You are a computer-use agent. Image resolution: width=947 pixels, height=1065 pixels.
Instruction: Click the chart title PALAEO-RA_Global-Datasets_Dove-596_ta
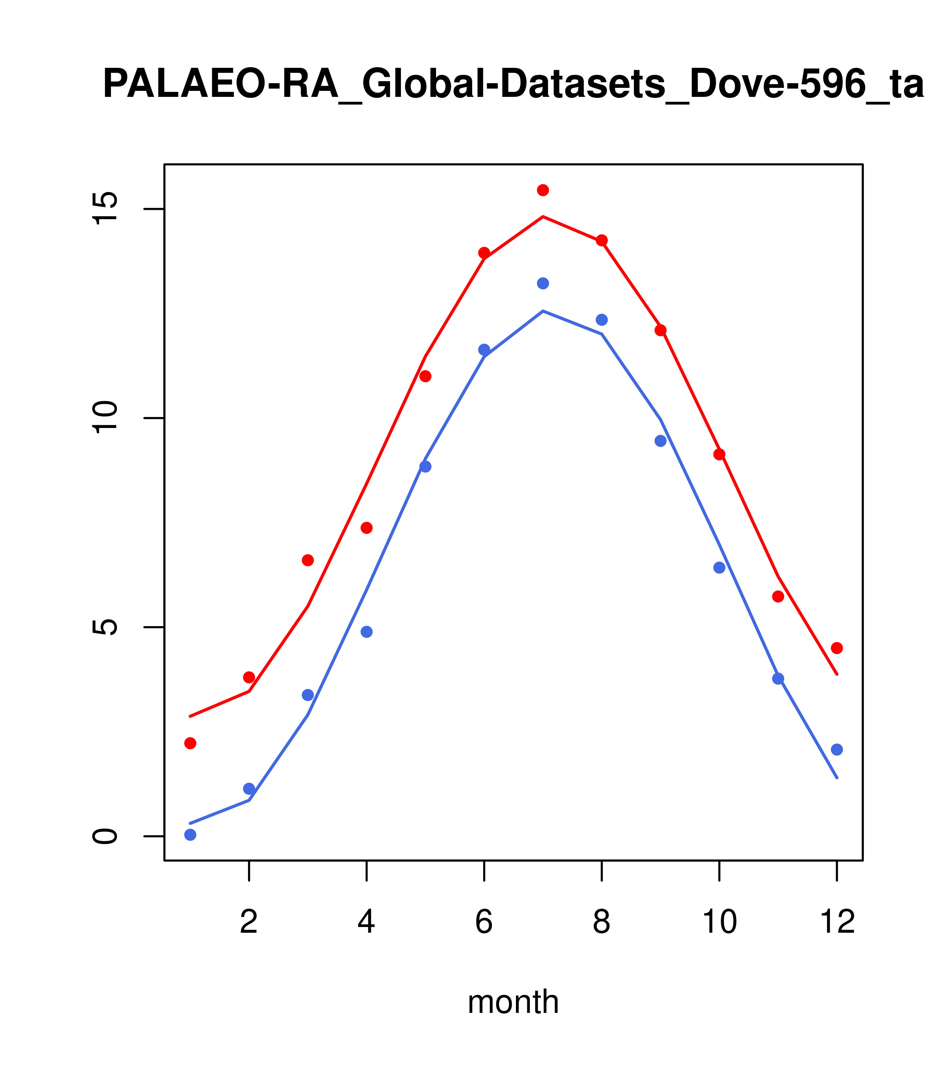pyautogui.click(x=513, y=85)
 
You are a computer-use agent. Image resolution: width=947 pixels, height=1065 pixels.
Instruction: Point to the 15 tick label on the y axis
pyautogui.click(x=104, y=208)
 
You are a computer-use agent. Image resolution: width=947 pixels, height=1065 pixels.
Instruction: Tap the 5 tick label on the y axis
pyautogui.click(x=104, y=627)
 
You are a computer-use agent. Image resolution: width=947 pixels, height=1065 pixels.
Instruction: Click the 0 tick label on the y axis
pyautogui.click(x=104, y=836)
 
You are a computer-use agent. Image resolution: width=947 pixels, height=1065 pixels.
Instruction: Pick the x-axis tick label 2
pyautogui.click(x=249, y=922)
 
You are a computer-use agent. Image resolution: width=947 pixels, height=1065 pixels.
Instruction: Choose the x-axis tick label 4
pyautogui.click(x=366, y=922)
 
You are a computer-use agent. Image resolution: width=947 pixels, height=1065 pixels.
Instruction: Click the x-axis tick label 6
pyautogui.click(x=484, y=922)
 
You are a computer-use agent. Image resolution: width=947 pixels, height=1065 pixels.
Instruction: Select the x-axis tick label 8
pyautogui.click(x=601, y=922)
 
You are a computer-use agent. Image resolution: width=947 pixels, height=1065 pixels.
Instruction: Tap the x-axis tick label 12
pyautogui.click(x=837, y=922)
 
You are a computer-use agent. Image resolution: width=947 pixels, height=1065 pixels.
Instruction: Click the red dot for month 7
pyautogui.click(x=543, y=190)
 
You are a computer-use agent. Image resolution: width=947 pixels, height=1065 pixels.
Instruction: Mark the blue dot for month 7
pyautogui.click(x=543, y=283)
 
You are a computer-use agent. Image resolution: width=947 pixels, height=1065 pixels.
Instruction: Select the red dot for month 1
pyautogui.click(x=190, y=743)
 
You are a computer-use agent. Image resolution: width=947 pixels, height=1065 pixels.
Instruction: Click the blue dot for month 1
pyautogui.click(x=190, y=835)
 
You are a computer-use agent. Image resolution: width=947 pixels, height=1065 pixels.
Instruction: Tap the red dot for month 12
pyautogui.click(x=837, y=648)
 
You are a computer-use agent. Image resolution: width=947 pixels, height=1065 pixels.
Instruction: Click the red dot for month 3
pyautogui.click(x=308, y=560)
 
